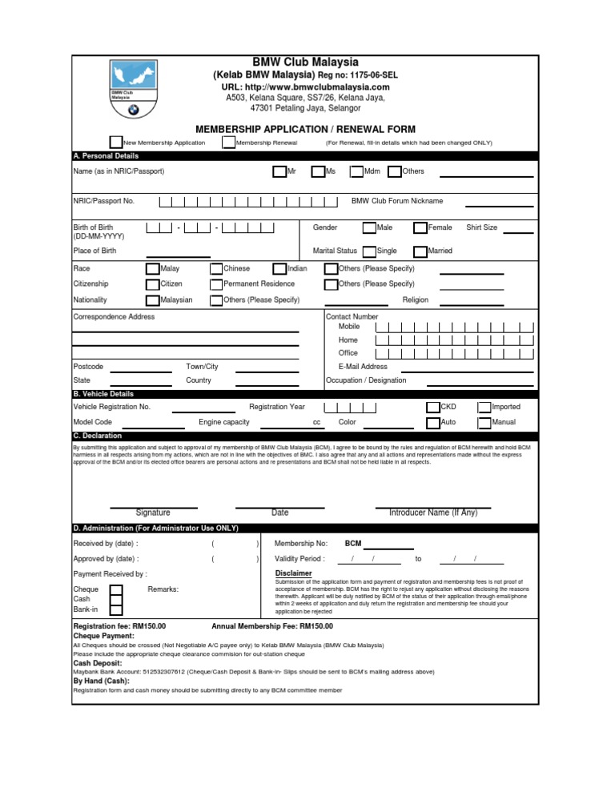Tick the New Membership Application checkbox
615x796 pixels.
(116, 143)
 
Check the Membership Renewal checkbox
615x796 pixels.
(229, 143)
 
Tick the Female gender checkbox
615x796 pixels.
(420, 228)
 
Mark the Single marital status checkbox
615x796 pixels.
(369, 251)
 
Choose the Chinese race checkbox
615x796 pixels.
(216, 269)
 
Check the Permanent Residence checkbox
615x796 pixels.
(216, 284)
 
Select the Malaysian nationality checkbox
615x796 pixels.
(153, 300)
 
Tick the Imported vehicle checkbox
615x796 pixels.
(484, 408)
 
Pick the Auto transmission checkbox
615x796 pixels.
(433, 423)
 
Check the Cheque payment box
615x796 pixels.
(116, 590)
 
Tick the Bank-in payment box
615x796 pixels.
(116, 611)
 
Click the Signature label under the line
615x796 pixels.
(153, 513)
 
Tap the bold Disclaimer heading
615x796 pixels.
(294, 573)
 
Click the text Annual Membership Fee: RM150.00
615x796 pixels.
(271, 626)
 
